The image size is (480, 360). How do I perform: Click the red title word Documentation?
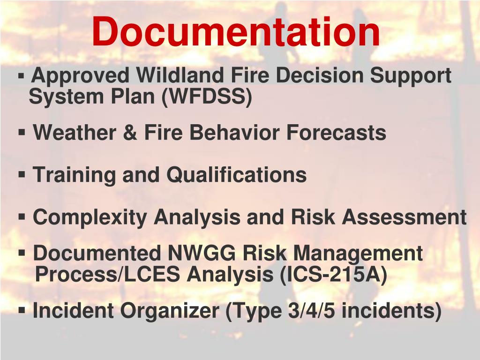coord(236,32)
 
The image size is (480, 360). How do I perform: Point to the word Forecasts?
coord(337,133)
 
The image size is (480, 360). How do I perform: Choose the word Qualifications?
coord(237,175)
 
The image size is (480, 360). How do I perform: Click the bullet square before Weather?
coord(22,132)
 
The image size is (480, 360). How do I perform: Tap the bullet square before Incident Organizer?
coord(22,310)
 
